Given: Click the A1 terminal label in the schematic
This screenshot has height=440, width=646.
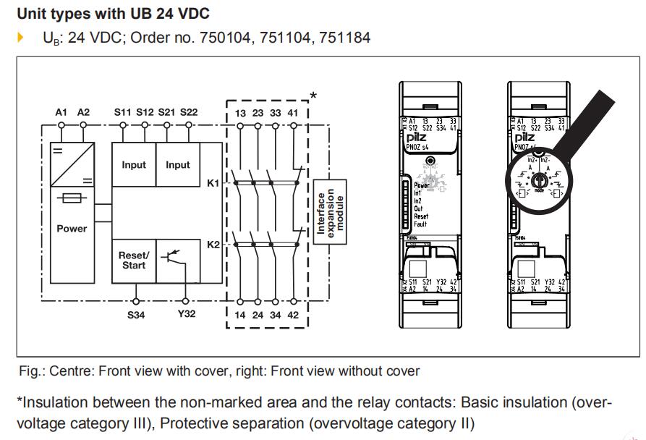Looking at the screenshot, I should click(x=61, y=112).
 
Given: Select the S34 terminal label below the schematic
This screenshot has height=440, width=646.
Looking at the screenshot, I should click(x=136, y=315).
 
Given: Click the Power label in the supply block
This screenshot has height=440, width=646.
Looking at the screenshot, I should click(x=72, y=229).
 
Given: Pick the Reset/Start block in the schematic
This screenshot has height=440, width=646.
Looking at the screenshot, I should click(x=133, y=261).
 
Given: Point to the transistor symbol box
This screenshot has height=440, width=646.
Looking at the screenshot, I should click(x=178, y=261).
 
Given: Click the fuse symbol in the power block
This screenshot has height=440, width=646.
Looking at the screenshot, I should click(x=72, y=197).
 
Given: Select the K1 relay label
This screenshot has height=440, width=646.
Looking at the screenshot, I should click(x=213, y=183).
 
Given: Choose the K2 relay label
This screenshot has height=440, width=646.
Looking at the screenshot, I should click(x=213, y=245).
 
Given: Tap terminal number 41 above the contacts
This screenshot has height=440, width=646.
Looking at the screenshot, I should click(x=293, y=112).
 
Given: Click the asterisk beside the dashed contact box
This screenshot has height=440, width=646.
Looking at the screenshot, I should click(x=313, y=96).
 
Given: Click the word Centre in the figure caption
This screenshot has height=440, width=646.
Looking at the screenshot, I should click(x=74, y=371).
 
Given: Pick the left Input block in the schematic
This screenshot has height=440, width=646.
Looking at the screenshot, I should click(x=133, y=165).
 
